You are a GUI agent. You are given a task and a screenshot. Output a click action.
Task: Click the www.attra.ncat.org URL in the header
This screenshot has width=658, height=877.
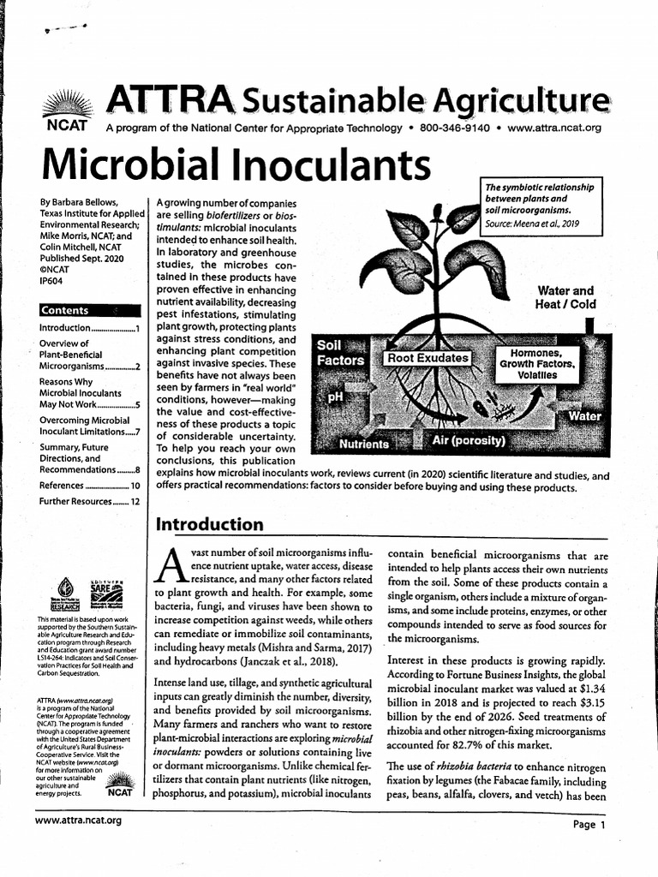(554, 128)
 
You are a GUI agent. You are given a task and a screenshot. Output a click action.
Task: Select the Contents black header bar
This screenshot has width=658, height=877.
(89, 310)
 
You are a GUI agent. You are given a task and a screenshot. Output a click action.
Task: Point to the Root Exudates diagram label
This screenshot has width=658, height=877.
(428, 357)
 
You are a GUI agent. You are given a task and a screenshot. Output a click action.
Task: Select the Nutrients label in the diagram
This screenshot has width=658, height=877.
(363, 444)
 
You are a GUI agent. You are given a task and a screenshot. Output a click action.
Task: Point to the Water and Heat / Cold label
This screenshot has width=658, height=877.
(565, 297)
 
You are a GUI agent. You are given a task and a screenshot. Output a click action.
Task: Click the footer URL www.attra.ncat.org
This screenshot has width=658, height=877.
(79, 820)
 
